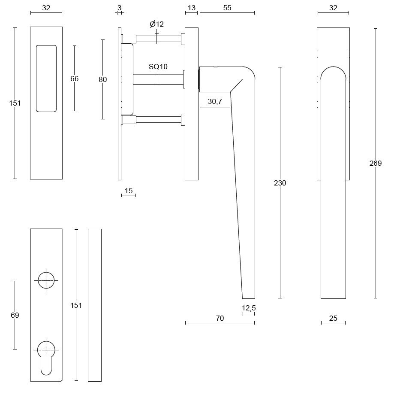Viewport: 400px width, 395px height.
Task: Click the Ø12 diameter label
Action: [x=157, y=24]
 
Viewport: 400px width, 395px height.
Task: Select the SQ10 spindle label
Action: [x=158, y=67]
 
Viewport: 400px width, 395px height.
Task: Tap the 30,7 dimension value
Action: [x=215, y=101]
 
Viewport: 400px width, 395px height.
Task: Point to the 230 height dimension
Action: [x=280, y=183]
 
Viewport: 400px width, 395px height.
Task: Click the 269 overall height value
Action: [x=375, y=163]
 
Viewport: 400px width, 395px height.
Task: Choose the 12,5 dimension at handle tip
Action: [x=249, y=308]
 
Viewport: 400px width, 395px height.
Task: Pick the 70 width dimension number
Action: [x=220, y=318]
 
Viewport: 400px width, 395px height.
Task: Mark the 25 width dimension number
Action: [x=333, y=318]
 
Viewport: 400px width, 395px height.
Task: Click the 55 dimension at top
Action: [x=227, y=8]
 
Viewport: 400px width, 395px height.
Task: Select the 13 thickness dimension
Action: [x=191, y=8]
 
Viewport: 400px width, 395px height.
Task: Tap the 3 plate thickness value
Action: [x=119, y=8]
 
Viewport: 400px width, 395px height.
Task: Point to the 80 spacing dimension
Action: [x=102, y=79]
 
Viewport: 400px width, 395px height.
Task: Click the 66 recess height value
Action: [x=74, y=79]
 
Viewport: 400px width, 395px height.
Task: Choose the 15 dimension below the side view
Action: [x=129, y=191]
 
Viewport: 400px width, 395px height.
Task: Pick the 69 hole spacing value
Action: [x=15, y=315]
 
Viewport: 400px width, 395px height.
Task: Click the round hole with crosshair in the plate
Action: [x=46, y=280]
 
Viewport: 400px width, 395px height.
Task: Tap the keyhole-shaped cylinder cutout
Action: [x=46, y=356]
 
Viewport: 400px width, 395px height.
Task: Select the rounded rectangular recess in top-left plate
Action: [x=46, y=79]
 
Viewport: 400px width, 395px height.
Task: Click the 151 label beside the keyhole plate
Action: [x=76, y=305]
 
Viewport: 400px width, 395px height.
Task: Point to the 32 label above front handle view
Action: [x=333, y=8]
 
